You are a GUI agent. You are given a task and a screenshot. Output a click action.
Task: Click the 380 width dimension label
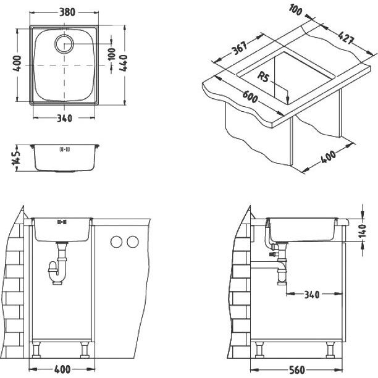[x=67, y=12]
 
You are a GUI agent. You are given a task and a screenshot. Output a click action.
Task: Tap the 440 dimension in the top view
[x=124, y=63]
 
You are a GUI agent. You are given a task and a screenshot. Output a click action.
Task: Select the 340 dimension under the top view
[x=64, y=119]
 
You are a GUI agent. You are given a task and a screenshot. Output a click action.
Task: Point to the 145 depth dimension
[x=17, y=158]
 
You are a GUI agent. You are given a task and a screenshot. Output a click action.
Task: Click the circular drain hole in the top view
[x=64, y=44]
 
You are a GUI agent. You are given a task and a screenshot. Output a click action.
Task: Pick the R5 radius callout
[x=263, y=77]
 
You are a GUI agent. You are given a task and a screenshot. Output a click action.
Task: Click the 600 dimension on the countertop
[x=250, y=97]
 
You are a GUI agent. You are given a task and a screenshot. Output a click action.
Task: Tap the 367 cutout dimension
[x=240, y=48]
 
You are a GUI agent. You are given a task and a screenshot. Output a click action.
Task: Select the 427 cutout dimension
[x=346, y=38]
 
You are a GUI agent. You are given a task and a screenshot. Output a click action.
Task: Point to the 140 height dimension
[x=363, y=231]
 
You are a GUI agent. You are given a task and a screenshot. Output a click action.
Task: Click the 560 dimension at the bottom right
[x=297, y=370]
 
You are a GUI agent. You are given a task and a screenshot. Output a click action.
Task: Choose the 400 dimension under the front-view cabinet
[x=62, y=369]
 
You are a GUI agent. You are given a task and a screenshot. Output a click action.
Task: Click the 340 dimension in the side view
[x=312, y=295]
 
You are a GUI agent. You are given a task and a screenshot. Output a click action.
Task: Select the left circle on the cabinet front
[x=116, y=241]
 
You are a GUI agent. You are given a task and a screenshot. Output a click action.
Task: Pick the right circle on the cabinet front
[x=133, y=241]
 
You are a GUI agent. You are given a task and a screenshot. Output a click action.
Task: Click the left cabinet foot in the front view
[x=36, y=350]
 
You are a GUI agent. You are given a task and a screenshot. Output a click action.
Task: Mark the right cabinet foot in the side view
[x=330, y=350]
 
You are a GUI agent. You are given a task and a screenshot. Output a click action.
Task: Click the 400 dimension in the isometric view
[x=328, y=157]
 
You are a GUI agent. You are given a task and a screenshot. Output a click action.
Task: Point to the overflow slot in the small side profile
[x=65, y=149]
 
